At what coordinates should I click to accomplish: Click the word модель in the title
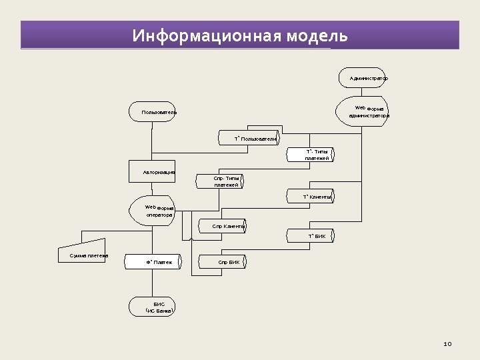click(317, 35)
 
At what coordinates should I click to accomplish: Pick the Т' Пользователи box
click(249, 139)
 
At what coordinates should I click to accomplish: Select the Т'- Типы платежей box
click(311, 155)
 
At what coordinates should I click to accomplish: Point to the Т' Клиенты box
click(311, 197)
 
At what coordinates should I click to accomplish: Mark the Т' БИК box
click(311, 236)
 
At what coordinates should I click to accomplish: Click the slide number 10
click(447, 344)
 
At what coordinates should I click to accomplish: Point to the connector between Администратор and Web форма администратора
click(363, 93)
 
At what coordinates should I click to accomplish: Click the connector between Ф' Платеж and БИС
click(153, 283)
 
